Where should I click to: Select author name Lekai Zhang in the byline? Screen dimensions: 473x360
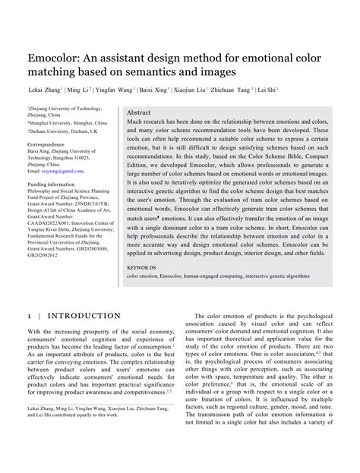tap(47, 89)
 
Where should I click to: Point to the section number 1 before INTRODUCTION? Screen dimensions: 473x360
tap(29, 294)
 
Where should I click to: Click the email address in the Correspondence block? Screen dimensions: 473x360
tap(60, 171)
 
